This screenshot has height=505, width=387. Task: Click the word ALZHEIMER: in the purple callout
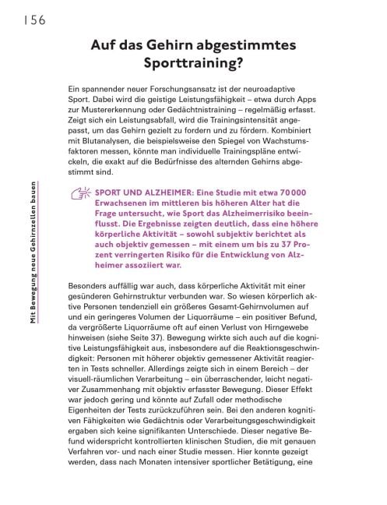(156, 192)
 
